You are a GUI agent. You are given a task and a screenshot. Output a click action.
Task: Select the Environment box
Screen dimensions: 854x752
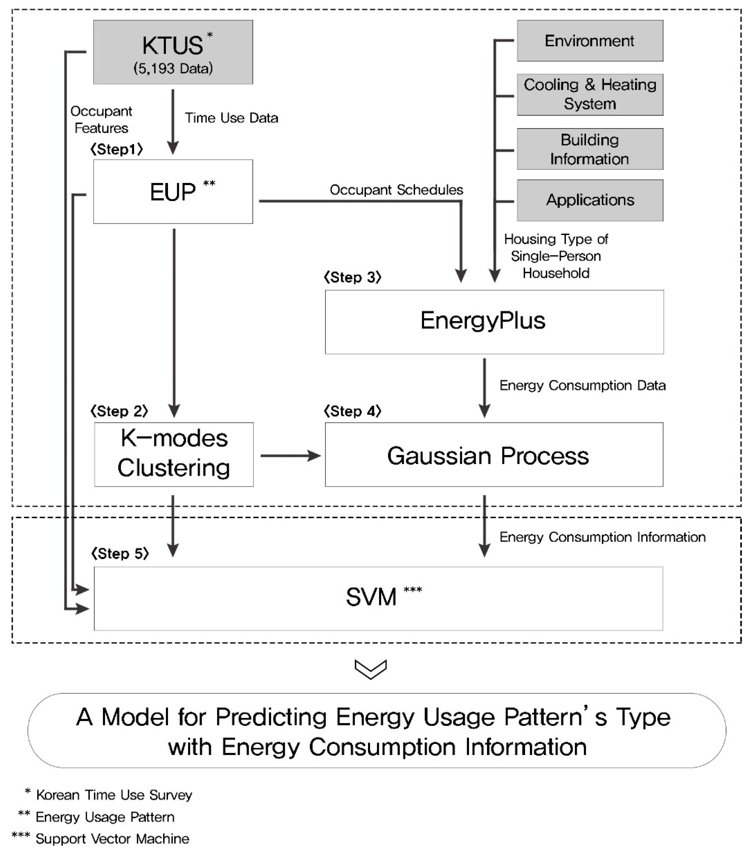(x=590, y=41)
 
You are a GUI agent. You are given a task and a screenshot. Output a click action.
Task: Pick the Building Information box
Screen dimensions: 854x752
(x=590, y=149)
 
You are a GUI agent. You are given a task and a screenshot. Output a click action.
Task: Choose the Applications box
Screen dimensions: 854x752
(x=590, y=200)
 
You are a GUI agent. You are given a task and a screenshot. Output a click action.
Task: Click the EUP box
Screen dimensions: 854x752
(x=173, y=192)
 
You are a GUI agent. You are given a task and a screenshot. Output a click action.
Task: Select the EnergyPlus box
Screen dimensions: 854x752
(x=494, y=322)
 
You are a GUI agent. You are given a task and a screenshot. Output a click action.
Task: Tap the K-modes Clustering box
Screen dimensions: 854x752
(x=174, y=455)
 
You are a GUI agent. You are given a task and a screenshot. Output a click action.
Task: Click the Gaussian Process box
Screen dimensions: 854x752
(x=494, y=455)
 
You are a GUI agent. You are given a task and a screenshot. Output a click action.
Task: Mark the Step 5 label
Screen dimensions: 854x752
(x=120, y=554)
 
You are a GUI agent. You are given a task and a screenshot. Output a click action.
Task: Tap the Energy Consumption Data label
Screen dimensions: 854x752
(x=582, y=385)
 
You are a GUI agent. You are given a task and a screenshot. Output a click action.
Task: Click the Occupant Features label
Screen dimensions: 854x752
(x=101, y=120)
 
